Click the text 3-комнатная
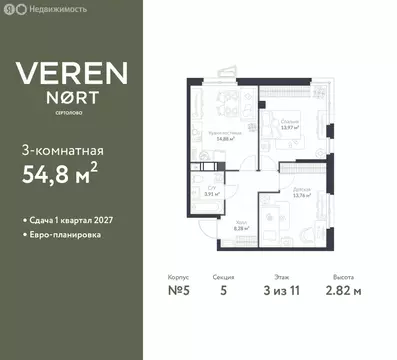coord(62,151)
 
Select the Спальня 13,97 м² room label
coord(291,123)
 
